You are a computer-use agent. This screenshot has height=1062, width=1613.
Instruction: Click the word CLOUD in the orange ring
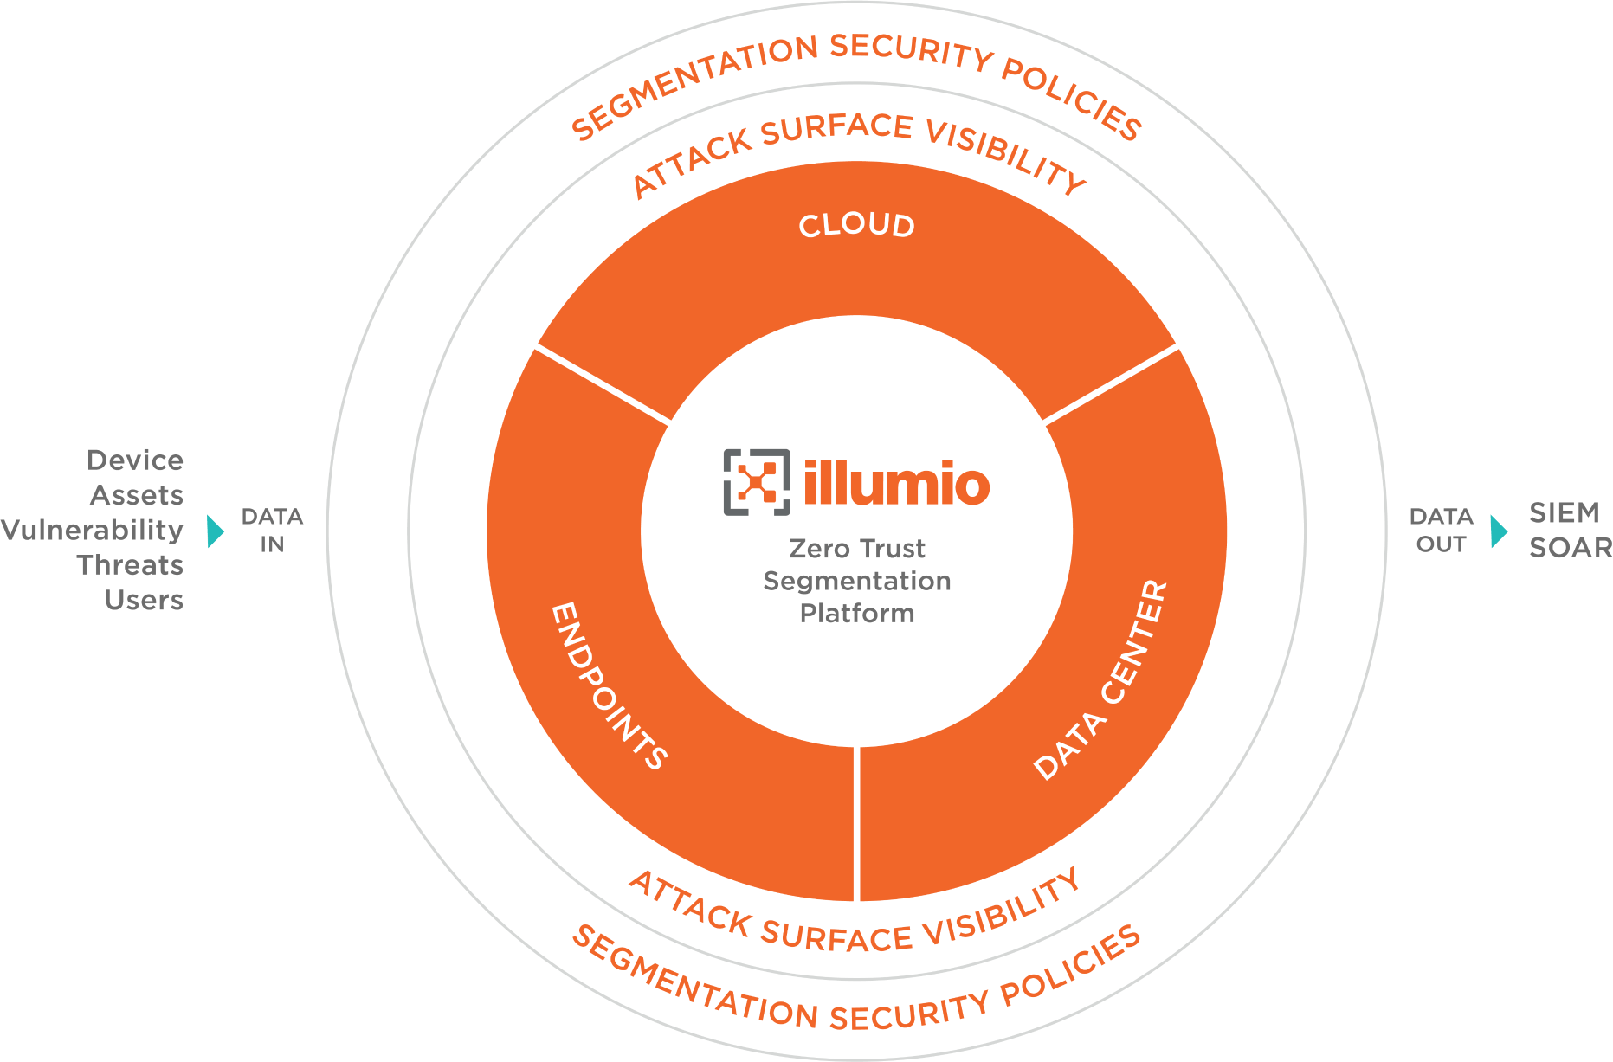(x=856, y=226)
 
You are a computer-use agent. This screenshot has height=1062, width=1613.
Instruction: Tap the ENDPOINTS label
(x=609, y=686)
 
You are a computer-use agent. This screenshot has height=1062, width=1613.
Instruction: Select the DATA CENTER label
(x=1101, y=680)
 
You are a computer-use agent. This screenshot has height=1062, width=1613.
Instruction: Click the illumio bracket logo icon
(x=757, y=482)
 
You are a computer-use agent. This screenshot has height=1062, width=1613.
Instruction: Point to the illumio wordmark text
(x=896, y=483)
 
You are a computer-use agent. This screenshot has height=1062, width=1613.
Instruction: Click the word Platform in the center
(x=857, y=614)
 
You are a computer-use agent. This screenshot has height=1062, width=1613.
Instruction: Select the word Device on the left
(x=135, y=460)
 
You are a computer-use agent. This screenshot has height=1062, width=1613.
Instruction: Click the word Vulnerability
(x=92, y=530)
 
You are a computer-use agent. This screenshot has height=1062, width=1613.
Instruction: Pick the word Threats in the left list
(x=130, y=565)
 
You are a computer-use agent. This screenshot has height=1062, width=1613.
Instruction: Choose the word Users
(x=144, y=600)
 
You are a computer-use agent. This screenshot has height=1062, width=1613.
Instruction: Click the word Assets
(x=137, y=495)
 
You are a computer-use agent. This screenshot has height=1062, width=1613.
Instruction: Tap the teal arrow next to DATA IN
(x=216, y=531)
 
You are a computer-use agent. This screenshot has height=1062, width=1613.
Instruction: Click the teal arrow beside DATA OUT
(x=1499, y=531)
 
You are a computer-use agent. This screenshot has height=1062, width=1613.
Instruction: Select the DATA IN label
(x=272, y=530)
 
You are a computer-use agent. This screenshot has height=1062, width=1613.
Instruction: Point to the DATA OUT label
(x=1441, y=530)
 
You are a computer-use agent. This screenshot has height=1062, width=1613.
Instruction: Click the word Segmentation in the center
(x=857, y=581)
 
